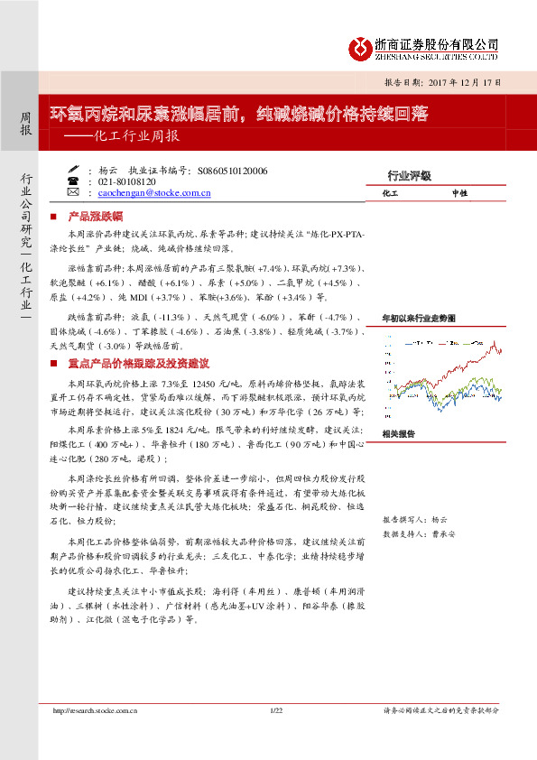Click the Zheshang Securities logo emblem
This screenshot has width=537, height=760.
tap(361, 46)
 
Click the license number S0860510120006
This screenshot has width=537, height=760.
tap(231, 169)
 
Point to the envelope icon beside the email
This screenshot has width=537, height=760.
tap(73, 192)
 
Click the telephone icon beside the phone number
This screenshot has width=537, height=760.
tap(73, 181)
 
